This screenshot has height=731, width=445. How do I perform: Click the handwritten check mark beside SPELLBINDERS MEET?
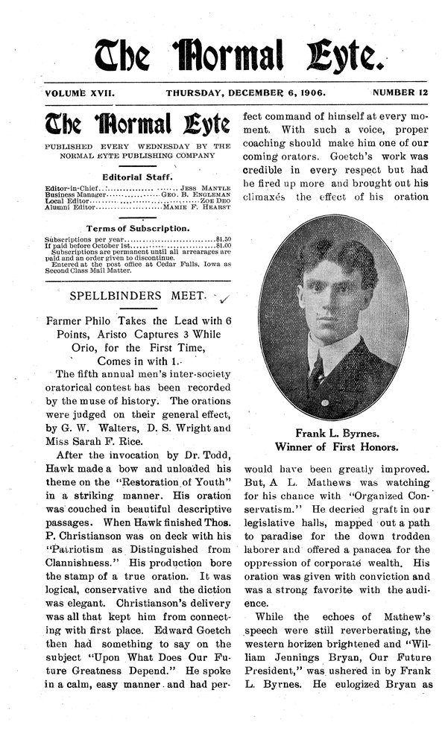[x=226, y=300]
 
